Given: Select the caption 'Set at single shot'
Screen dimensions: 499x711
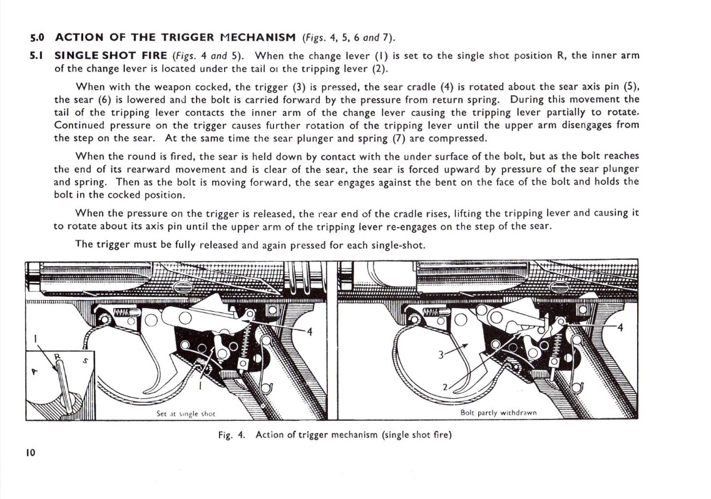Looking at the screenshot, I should tap(186, 413).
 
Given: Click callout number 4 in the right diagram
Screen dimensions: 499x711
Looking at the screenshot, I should tap(620, 327).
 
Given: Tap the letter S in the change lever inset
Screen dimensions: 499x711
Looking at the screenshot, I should tap(84, 361).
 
